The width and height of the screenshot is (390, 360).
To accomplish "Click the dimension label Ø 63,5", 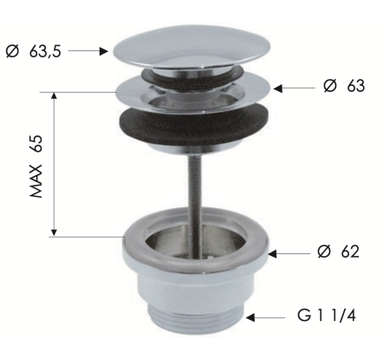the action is tap(34, 52).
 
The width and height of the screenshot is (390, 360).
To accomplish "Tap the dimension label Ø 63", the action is tap(344, 86).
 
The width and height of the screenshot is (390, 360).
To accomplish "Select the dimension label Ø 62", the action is tap(338, 252).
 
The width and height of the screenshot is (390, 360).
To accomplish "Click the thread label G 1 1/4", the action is tap(327, 315).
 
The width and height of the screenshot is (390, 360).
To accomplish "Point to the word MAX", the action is tap(36, 181).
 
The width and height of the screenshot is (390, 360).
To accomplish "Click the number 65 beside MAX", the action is tap(36, 143).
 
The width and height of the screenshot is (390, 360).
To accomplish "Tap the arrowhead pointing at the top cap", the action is tap(103, 51).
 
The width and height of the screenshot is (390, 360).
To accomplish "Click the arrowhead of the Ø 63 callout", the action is tap(277, 88).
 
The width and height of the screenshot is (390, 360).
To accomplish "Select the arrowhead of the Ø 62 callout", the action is tap(272, 254).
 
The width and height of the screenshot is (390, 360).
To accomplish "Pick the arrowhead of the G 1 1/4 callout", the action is tap(250, 317).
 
